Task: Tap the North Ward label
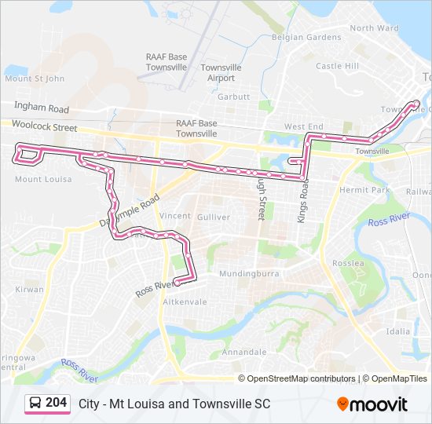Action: click(x=375, y=28)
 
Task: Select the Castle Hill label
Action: click(x=337, y=66)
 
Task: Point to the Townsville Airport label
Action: click(x=221, y=73)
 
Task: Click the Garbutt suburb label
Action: click(x=233, y=97)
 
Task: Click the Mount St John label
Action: click(x=34, y=79)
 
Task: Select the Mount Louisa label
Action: click(x=43, y=179)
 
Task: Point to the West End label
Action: click(x=303, y=126)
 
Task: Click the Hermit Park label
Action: click(x=364, y=190)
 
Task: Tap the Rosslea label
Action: click(x=349, y=263)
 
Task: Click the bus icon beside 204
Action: click(x=35, y=404)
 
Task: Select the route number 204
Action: click(x=56, y=403)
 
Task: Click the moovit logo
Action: click(x=372, y=404)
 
